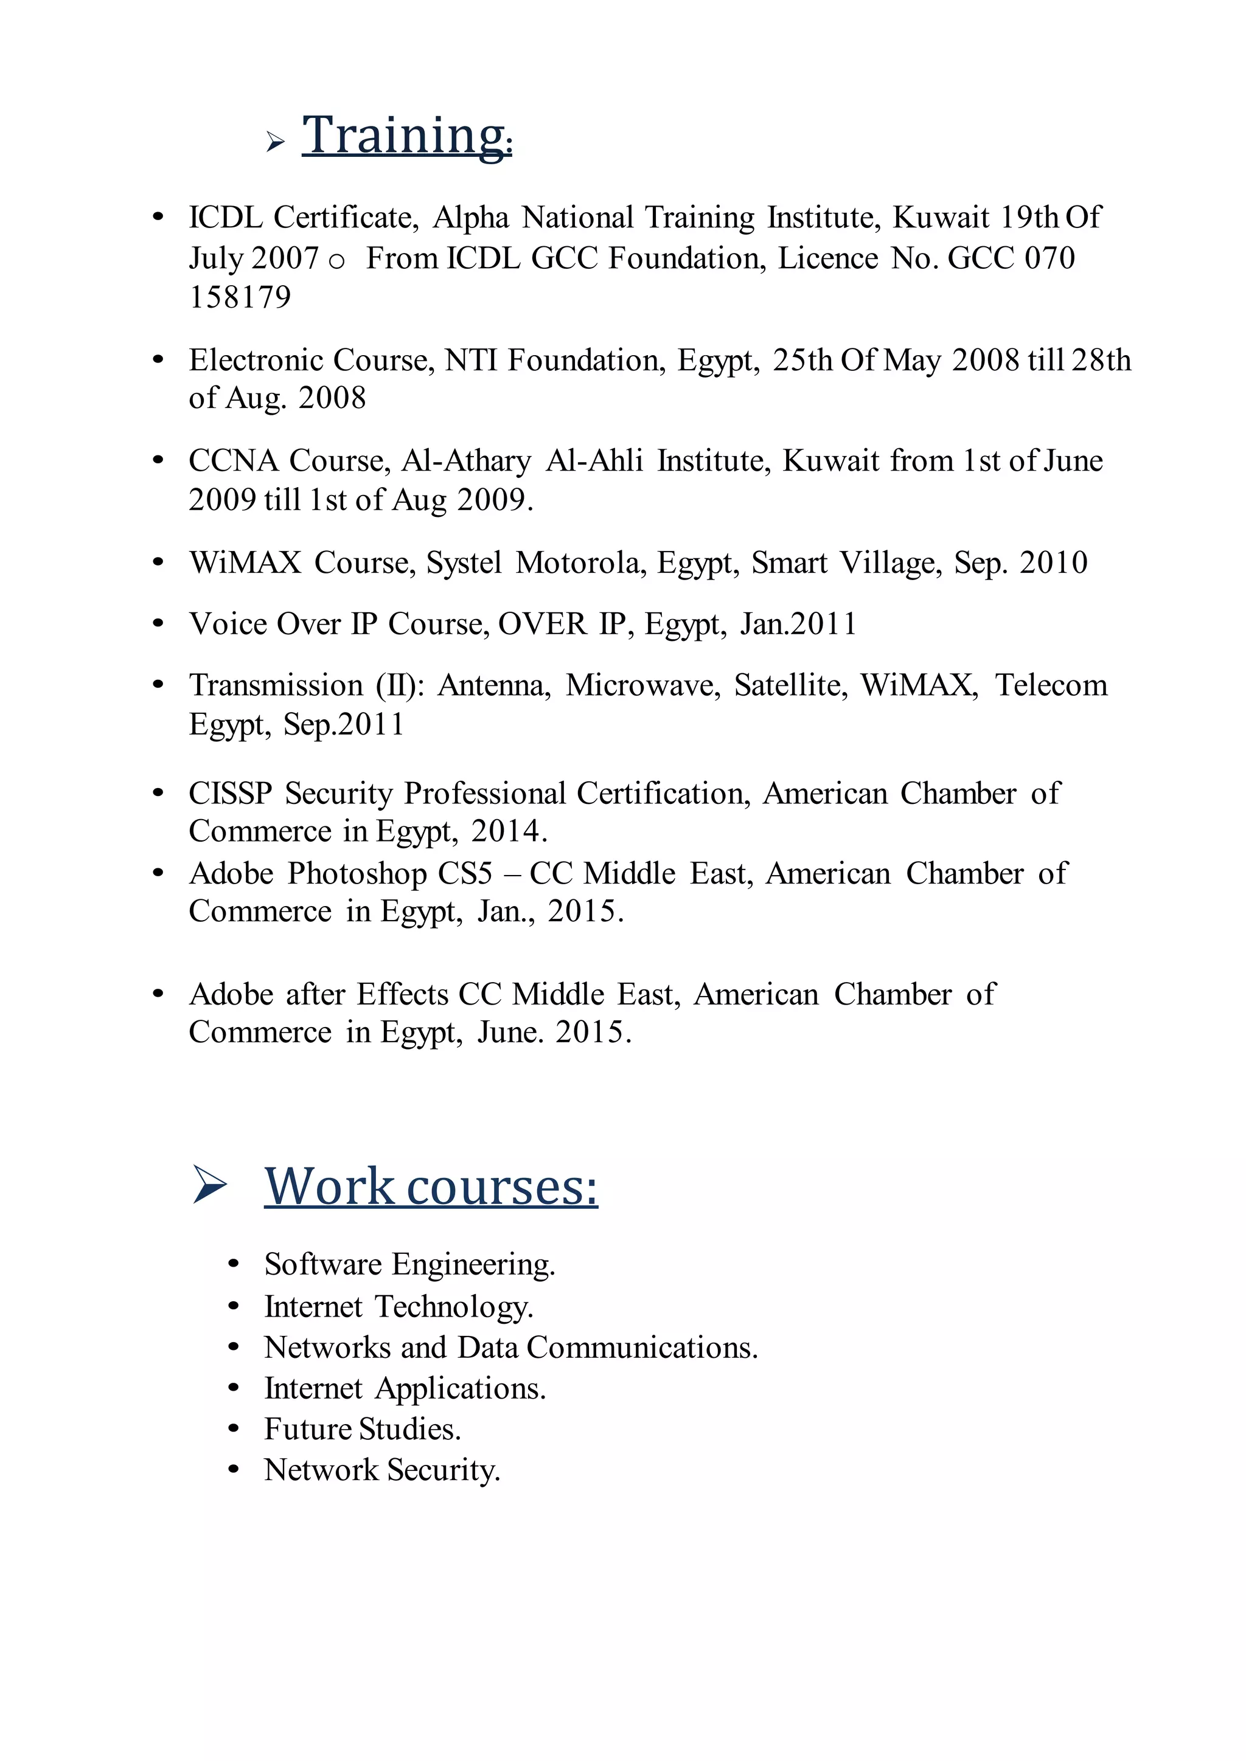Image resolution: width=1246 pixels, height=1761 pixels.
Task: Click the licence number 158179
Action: (x=240, y=297)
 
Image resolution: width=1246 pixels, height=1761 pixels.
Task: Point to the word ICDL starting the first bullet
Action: (x=226, y=218)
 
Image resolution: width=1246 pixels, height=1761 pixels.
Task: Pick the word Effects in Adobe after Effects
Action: (x=402, y=994)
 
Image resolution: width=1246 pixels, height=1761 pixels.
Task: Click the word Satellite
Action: (x=790, y=685)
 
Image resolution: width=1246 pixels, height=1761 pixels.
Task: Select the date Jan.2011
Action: (x=798, y=623)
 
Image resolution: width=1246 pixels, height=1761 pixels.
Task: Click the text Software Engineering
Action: (x=409, y=1264)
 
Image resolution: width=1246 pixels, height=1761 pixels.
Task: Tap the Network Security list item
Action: (x=382, y=1470)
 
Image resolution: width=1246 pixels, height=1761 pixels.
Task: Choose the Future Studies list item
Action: (x=362, y=1429)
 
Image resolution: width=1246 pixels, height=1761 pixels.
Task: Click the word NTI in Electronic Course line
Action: (x=470, y=360)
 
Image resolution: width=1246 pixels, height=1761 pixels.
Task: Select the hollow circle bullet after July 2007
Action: (x=336, y=261)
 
